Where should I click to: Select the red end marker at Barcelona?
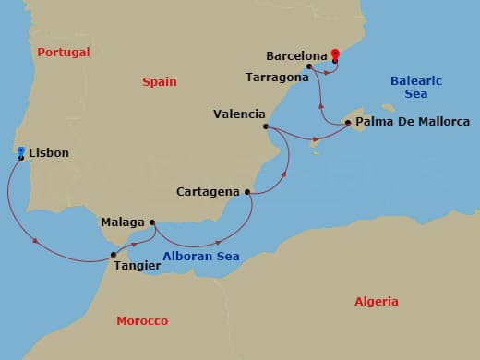click(x=334, y=54)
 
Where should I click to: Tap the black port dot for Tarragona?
click(x=309, y=66)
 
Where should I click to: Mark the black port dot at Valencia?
click(x=266, y=126)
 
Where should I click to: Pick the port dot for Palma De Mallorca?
click(x=346, y=122)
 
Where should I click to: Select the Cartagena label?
click(x=210, y=193)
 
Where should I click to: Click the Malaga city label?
click(x=122, y=222)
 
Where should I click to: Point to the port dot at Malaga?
click(x=152, y=222)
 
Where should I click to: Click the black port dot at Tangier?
click(x=114, y=254)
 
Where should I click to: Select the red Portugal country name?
click(x=63, y=52)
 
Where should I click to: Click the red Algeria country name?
click(x=377, y=301)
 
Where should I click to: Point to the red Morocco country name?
click(x=142, y=320)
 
